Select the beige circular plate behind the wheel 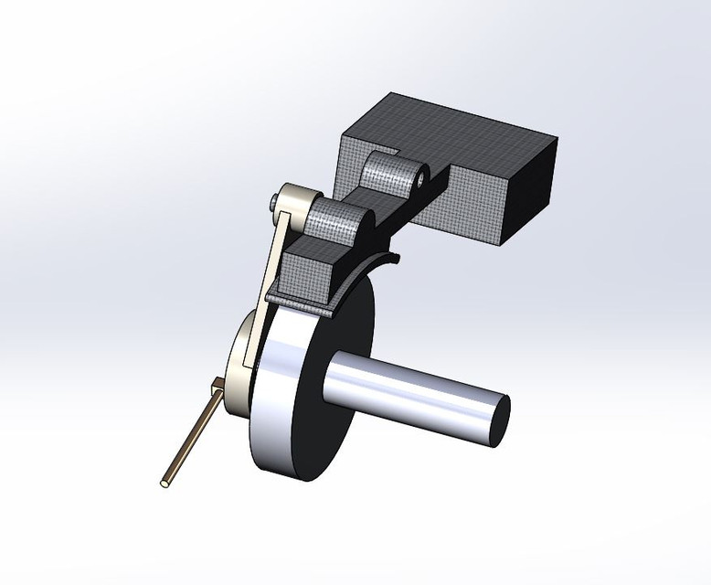pos(239,366)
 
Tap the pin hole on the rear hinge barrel pos(418,178)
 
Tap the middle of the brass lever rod pos(192,434)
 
